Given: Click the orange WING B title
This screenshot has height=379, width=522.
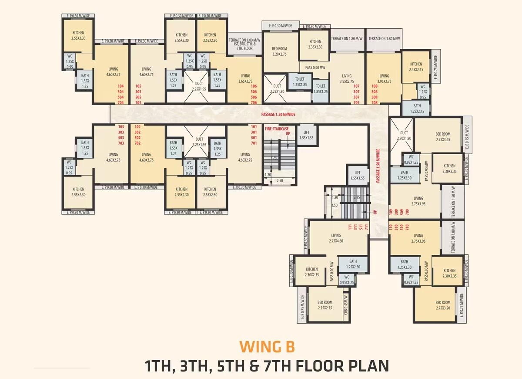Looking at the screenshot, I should click(267, 347).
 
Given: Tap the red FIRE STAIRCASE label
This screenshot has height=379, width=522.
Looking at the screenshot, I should click(277, 129).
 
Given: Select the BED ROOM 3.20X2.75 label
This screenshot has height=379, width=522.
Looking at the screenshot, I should click(279, 51).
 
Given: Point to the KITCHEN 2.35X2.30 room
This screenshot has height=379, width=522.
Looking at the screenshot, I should click(315, 44).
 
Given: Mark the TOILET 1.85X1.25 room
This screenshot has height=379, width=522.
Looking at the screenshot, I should click(320, 89).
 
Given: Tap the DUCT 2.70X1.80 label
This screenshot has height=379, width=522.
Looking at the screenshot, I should click(404, 135).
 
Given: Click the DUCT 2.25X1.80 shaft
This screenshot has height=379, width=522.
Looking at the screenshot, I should click(277, 89).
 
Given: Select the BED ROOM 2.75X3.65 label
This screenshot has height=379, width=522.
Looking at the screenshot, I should click(443, 137).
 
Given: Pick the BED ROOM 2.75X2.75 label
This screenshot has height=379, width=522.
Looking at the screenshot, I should click(325, 305).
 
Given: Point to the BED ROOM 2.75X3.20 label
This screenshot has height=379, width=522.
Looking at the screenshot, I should click(443, 305).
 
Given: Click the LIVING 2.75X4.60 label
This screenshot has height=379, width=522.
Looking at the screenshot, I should click(336, 238).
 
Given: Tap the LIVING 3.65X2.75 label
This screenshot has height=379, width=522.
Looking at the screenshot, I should click(245, 78).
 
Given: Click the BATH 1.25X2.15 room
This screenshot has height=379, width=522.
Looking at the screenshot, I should click(417, 108).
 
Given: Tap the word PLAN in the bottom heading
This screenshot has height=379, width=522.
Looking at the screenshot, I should click(365, 365).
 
